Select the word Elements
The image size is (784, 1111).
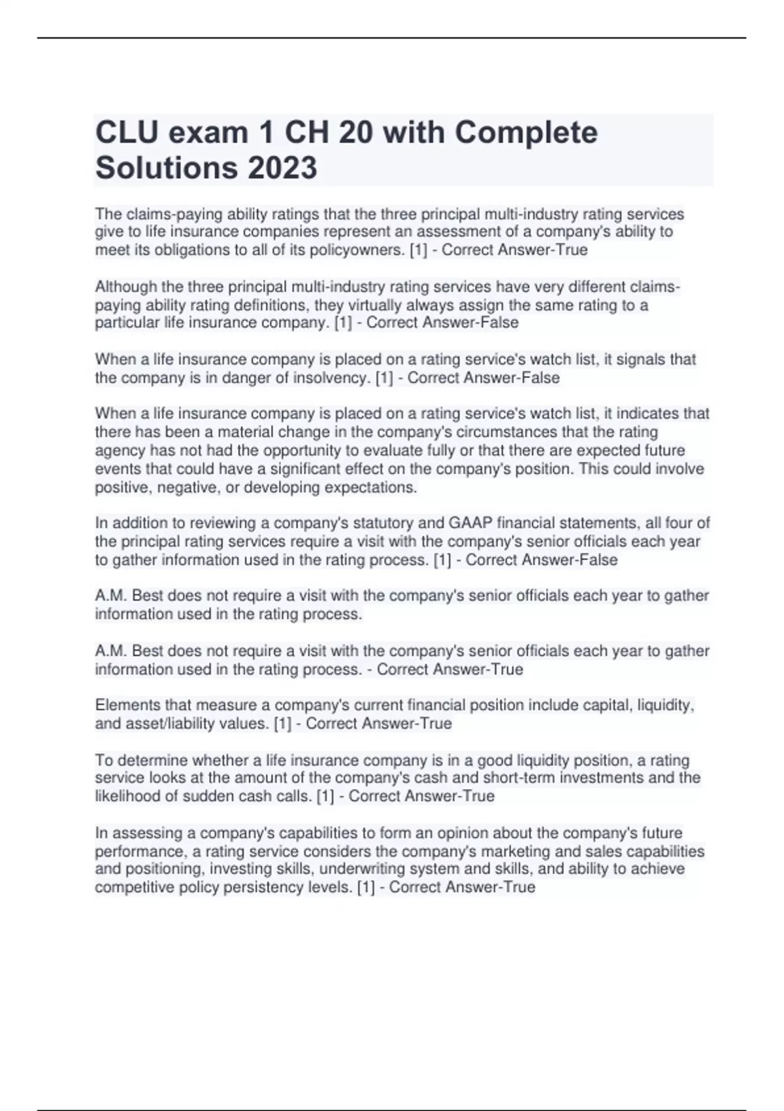[x=127, y=705]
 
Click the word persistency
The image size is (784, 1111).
[x=264, y=887]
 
